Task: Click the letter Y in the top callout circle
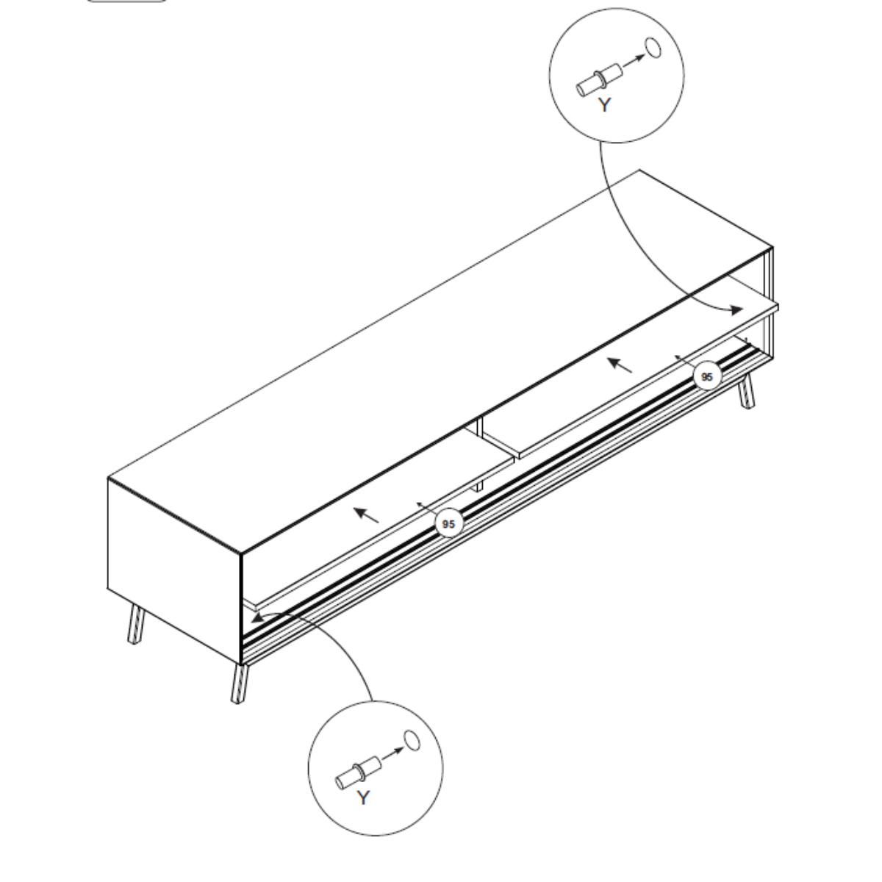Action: (605, 105)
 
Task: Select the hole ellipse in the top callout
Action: (653, 48)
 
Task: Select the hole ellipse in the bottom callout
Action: (412, 741)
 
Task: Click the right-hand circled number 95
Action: (707, 377)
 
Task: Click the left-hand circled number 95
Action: (448, 523)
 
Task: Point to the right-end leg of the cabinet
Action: (745, 392)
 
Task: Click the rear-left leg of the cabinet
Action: (136, 624)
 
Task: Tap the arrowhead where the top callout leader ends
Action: (736, 310)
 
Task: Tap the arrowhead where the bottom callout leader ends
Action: (258, 617)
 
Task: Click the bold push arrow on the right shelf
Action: (620, 365)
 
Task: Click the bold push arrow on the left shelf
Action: (367, 515)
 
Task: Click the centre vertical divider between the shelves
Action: (479, 453)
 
